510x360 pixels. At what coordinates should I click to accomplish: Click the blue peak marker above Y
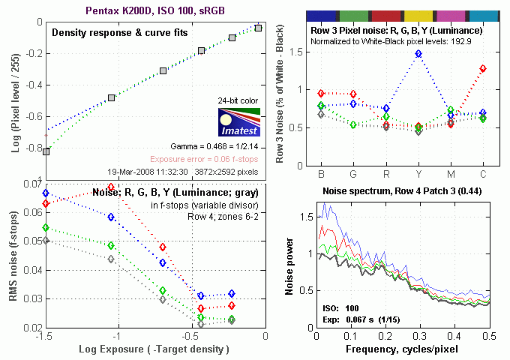pyautogui.click(x=418, y=54)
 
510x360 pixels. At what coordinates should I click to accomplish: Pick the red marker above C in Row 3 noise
pyautogui.click(x=483, y=68)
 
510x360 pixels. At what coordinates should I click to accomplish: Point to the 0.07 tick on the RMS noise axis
pyautogui.click(x=29, y=184)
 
